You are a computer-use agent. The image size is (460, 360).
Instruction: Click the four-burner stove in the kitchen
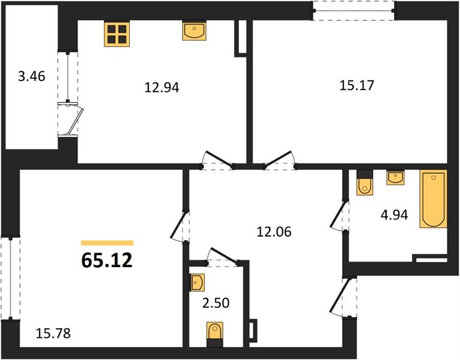coord(117,34)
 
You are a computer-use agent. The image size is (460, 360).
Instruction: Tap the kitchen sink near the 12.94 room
coord(194,30)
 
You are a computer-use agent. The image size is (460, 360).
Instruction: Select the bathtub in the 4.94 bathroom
coord(434,199)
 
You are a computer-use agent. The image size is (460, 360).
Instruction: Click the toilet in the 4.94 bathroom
coord(365,182)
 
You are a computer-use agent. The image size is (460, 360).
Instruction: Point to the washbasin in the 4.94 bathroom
coord(395,178)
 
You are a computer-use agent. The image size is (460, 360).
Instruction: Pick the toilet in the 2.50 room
coord(215,334)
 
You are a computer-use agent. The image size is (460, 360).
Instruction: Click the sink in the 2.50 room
coord(197,283)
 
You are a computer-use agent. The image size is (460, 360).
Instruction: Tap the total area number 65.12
coord(107,260)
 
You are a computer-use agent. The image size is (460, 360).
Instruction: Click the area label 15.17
coord(357,85)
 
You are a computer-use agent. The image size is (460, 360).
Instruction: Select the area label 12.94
coord(162,88)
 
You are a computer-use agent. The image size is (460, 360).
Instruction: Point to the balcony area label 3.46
coord(31,77)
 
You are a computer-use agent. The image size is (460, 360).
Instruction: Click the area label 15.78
coord(53,334)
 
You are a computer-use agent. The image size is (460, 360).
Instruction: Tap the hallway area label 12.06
coord(274,232)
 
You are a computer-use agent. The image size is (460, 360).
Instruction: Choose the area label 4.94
coord(395,215)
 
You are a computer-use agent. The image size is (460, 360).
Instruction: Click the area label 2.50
coord(216,303)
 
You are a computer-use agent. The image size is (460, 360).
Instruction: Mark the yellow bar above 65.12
coord(107,243)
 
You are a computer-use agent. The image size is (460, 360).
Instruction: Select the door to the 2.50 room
coord(223,257)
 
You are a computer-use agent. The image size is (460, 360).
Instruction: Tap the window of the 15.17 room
coord(354,11)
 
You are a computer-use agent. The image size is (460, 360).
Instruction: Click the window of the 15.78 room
coord(11,278)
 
